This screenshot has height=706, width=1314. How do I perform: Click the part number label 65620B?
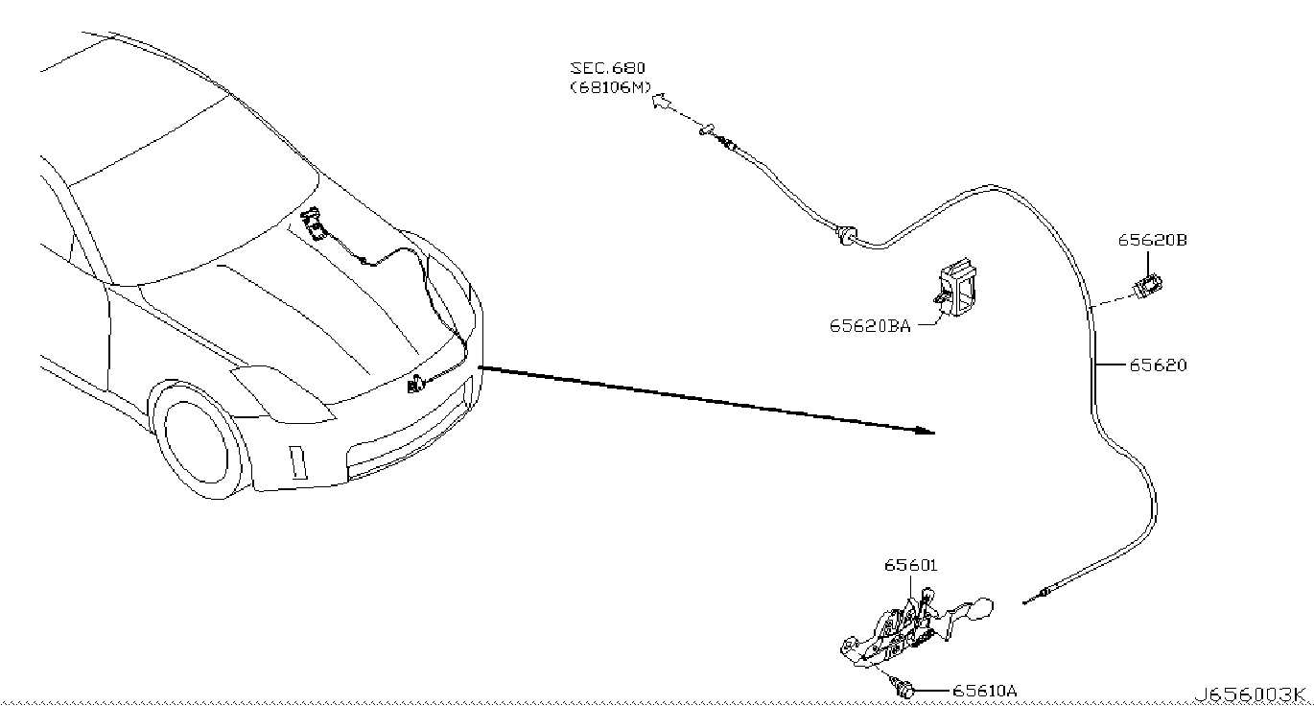1152,241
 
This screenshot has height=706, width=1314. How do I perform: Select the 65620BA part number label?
870,325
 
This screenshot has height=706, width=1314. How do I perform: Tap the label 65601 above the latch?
910,566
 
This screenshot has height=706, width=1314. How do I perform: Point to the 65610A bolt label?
985,691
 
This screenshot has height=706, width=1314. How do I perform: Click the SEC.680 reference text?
608,68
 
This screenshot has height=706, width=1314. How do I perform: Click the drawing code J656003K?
1251,695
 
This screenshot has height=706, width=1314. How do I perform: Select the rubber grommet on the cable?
844,234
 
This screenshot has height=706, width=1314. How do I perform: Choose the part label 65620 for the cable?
1157,365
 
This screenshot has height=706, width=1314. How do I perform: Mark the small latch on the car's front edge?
417,386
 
